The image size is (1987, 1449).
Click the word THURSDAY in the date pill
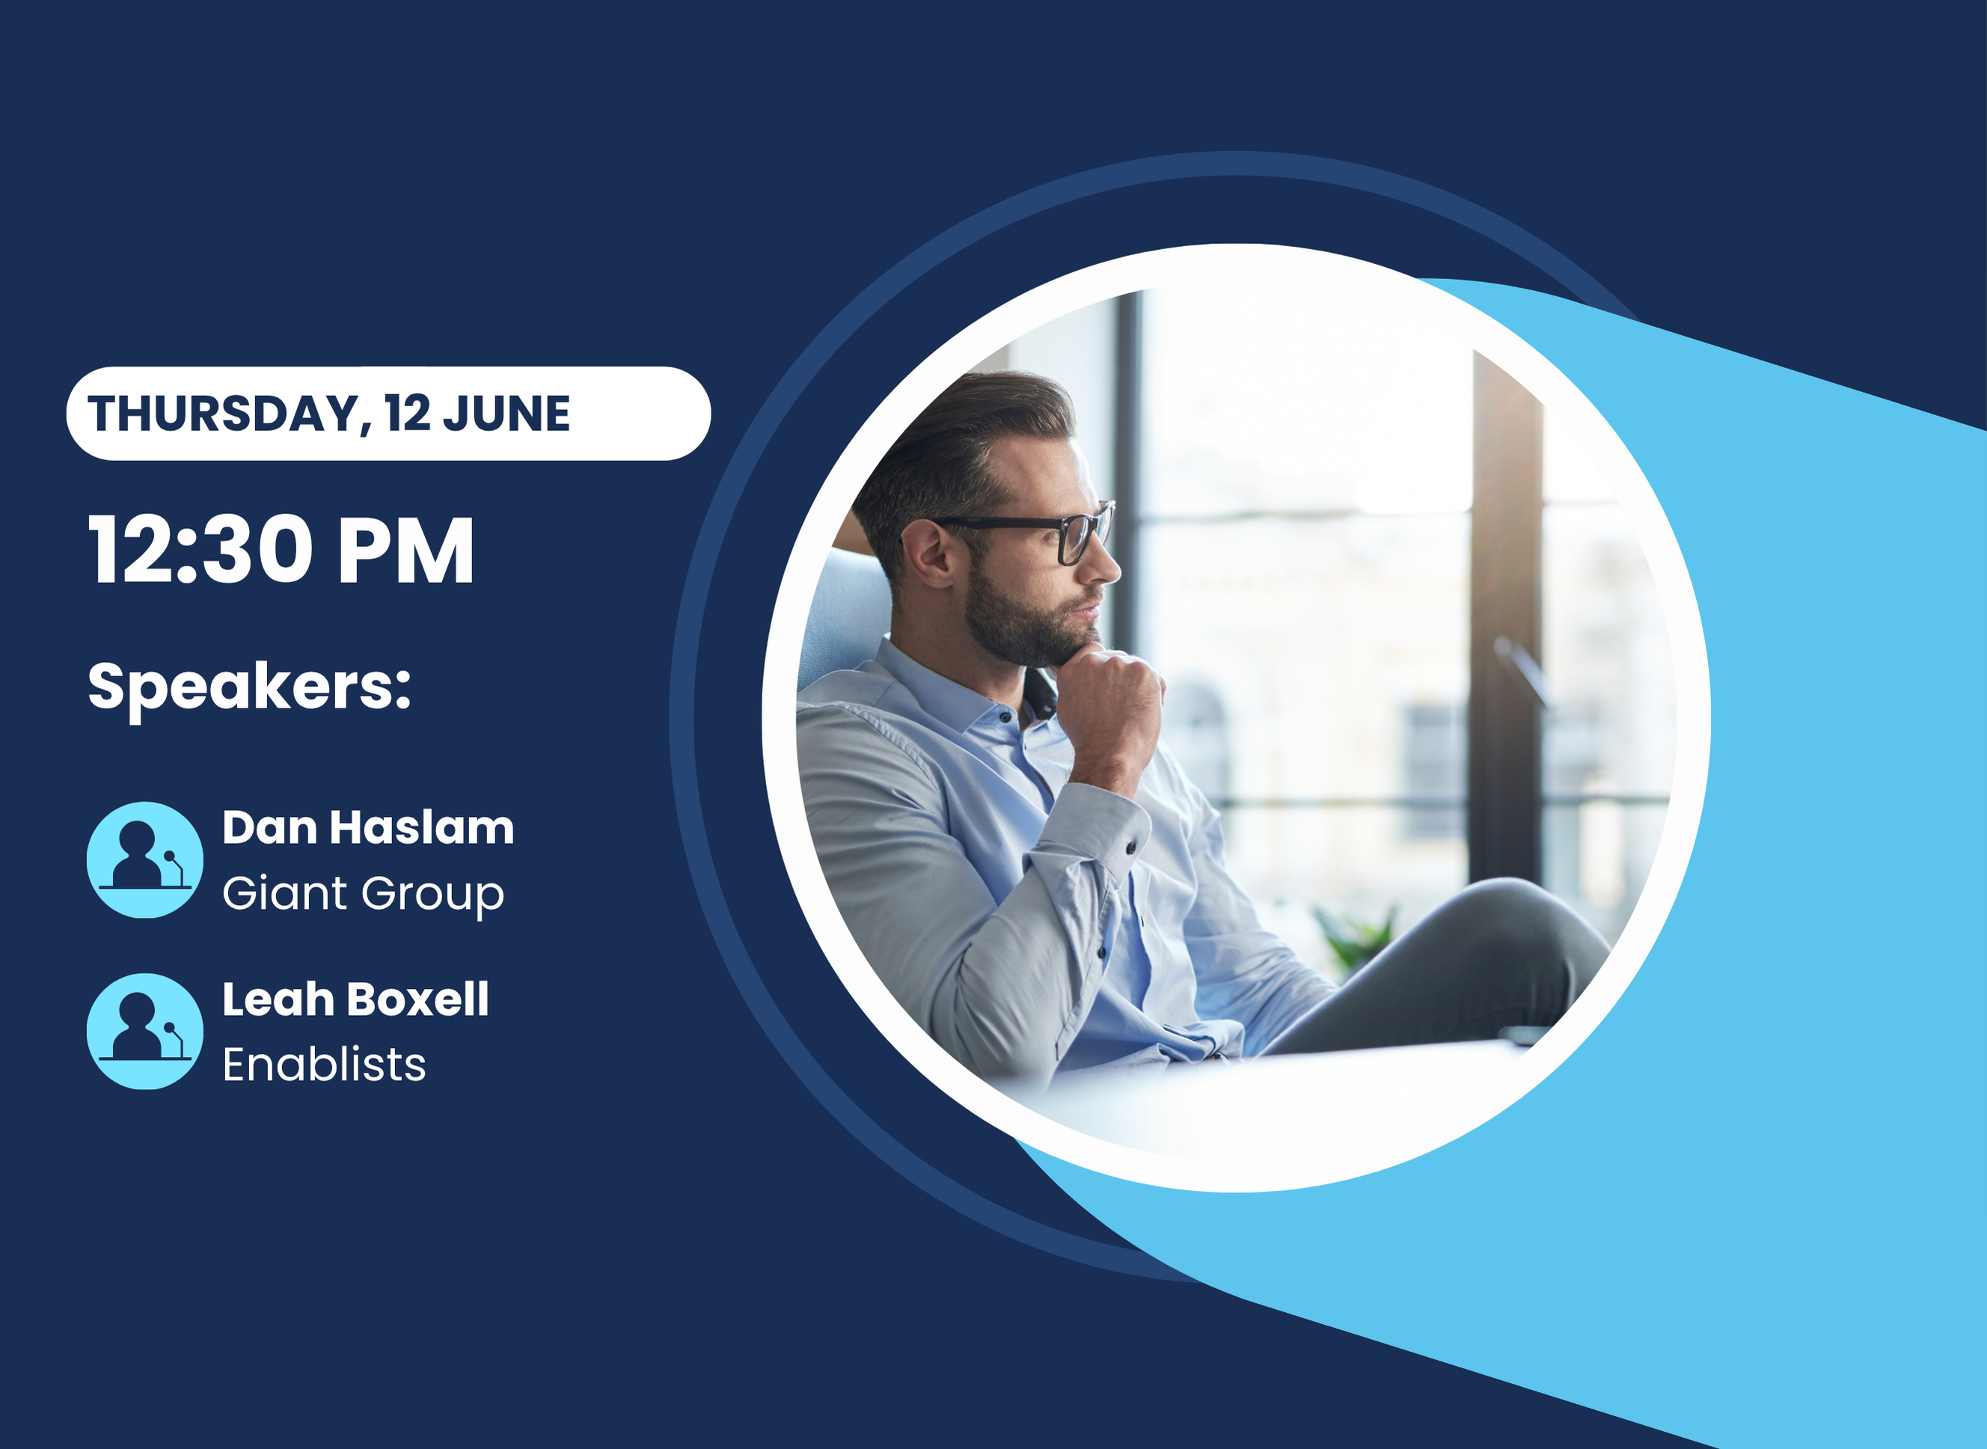tap(224, 414)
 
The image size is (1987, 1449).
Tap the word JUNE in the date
tap(506, 414)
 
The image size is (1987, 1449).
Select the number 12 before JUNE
tap(407, 413)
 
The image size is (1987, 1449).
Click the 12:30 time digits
tap(200, 550)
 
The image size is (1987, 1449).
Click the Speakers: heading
tap(249, 688)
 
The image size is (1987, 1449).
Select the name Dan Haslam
tap(367, 827)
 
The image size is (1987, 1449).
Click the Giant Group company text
tap(363, 895)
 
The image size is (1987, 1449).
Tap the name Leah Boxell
tap(355, 999)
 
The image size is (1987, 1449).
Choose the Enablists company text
tap(324, 1064)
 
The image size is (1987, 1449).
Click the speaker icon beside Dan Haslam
tap(144, 860)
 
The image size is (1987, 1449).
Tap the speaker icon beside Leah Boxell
tap(144, 1032)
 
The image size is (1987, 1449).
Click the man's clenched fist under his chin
tap(1112, 702)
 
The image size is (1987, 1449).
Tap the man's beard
tap(1026, 614)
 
